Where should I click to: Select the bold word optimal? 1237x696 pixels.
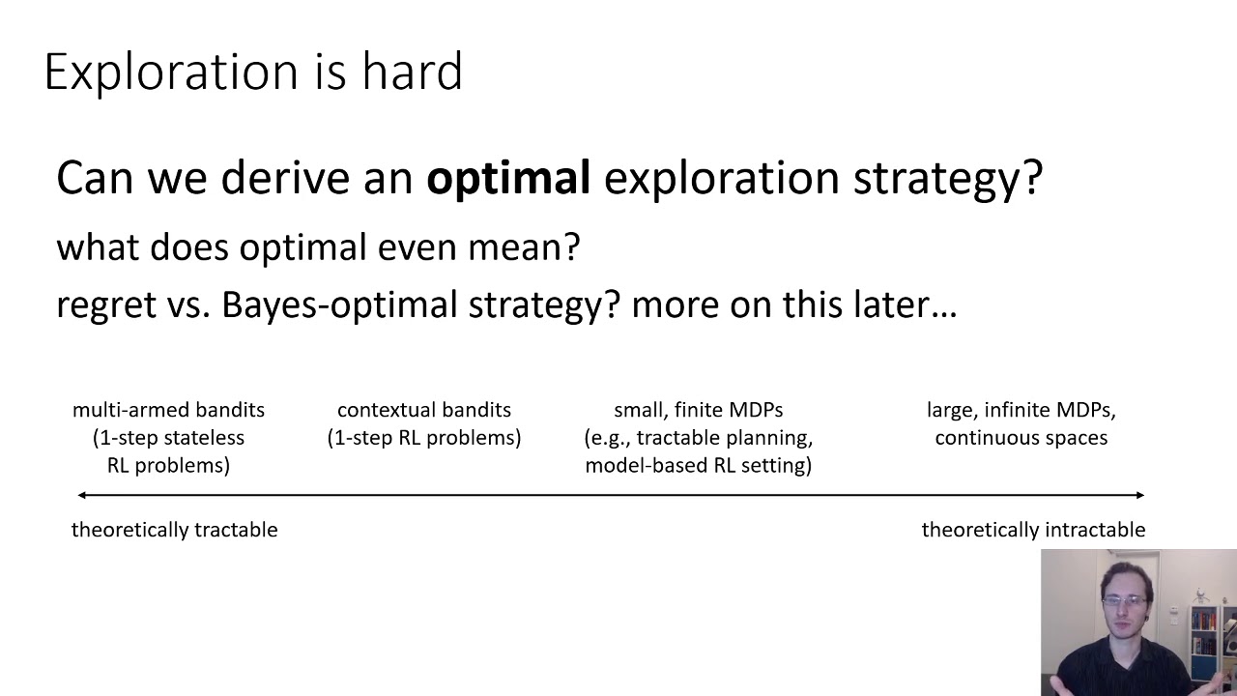click(x=508, y=179)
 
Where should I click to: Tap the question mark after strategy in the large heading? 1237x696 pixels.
click(x=1032, y=179)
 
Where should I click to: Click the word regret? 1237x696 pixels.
click(x=104, y=305)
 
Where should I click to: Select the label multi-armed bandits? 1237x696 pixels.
click(x=168, y=410)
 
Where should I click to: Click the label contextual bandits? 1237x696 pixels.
click(x=423, y=410)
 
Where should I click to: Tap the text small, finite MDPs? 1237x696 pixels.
click(x=698, y=410)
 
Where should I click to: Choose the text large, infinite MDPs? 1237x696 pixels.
click(x=1021, y=410)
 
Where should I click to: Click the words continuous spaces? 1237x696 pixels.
click(x=1021, y=438)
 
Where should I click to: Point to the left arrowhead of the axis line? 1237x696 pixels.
click(x=82, y=495)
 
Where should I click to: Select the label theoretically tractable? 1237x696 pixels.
click(x=174, y=530)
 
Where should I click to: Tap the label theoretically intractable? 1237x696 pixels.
click(x=1033, y=530)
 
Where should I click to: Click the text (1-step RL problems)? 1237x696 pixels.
click(x=423, y=438)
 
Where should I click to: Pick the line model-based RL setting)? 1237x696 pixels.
click(x=698, y=466)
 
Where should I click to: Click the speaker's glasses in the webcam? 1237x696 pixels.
click(x=1123, y=602)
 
